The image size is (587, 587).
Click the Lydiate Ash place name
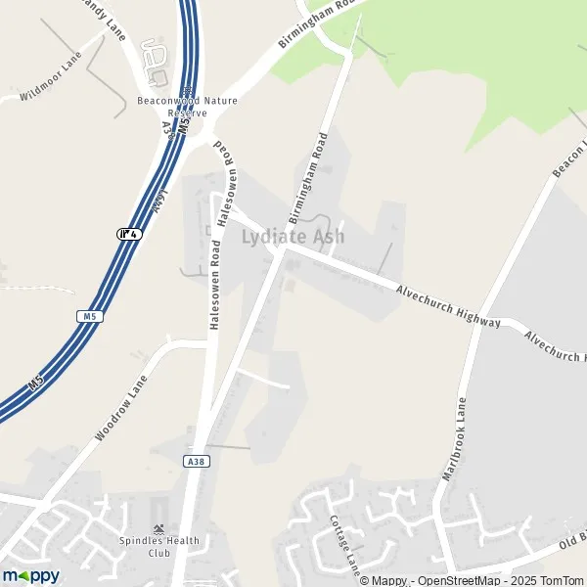[x=293, y=237]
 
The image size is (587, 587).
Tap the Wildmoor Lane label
[x=52, y=79]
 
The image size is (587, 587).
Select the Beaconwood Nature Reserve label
[x=187, y=107]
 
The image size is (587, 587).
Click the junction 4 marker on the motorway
[x=129, y=234]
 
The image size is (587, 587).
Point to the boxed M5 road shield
[x=90, y=317]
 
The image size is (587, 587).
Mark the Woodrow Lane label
[x=121, y=407]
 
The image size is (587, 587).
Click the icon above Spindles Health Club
[x=158, y=527]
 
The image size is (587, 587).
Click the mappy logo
[x=30, y=575]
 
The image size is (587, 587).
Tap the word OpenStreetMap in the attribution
[x=465, y=581]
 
